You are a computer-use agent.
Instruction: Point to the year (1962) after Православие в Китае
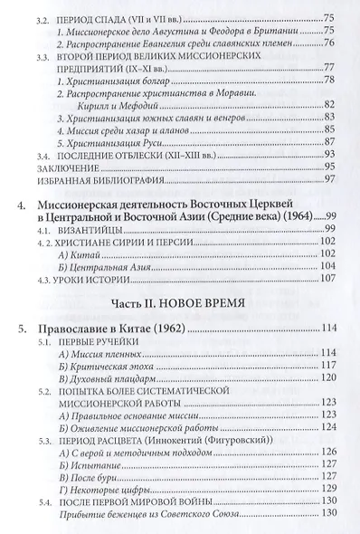[x=175, y=350]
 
